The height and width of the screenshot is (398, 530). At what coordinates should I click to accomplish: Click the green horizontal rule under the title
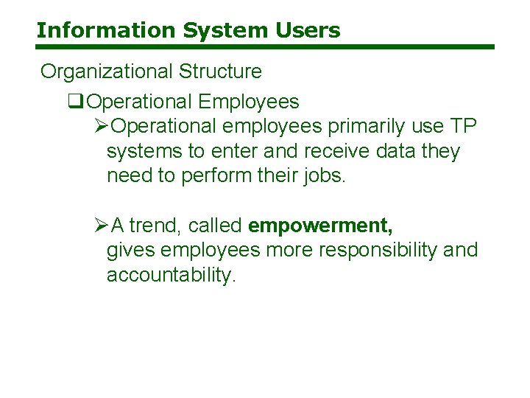pyautogui.click(x=265, y=47)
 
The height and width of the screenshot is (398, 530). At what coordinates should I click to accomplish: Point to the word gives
pyautogui.click(x=131, y=251)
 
